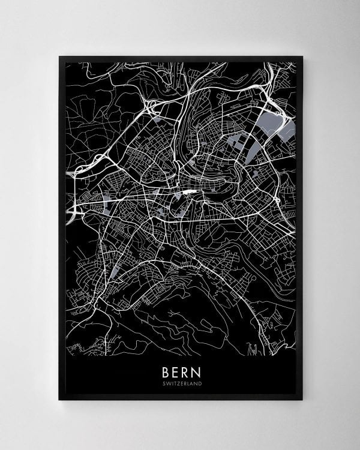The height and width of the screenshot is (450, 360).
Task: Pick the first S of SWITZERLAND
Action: pyautogui.click(x=164, y=383)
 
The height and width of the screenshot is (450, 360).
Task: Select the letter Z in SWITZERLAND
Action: pyautogui.click(x=178, y=383)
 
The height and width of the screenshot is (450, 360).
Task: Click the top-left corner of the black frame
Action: pyautogui.click(x=59, y=57)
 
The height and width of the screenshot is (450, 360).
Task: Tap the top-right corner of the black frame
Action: pyautogui.click(x=302, y=57)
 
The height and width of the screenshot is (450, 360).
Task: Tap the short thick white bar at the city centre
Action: pyautogui.click(x=190, y=192)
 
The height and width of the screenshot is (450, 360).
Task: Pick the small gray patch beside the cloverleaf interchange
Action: pyautogui.click(x=157, y=119)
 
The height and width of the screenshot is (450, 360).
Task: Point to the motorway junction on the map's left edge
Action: pyautogui.click(x=73, y=210)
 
